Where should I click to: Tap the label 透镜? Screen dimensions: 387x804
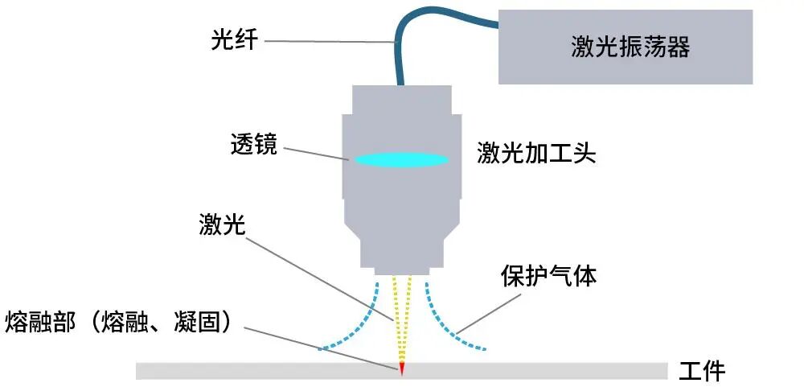point(252,145)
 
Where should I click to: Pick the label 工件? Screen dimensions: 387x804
point(702,371)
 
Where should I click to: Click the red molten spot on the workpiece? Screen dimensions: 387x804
point(401,368)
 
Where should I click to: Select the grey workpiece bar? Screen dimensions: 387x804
point(241,371)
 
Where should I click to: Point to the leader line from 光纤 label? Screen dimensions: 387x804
point(330,40)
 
